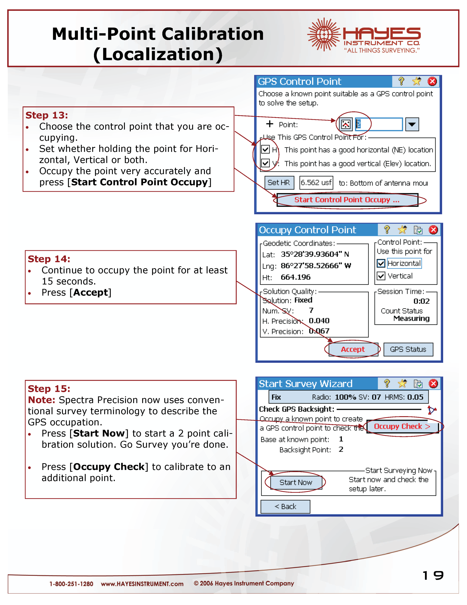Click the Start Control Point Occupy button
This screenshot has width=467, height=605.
pyautogui.click(x=347, y=200)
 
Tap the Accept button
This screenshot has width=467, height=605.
pyautogui.click(x=353, y=349)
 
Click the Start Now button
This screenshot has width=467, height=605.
pyautogui.click(x=296, y=483)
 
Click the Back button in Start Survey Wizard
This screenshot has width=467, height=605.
pyautogui.click(x=285, y=507)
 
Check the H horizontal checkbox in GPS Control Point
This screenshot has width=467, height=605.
pyautogui.click(x=265, y=150)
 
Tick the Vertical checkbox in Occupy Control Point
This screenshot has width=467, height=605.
pyautogui.click(x=381, y=276)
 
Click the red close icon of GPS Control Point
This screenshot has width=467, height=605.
pyautogui.click(x=432, y=82)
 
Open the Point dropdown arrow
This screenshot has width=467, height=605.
pyautogui.click(x=412, y=124)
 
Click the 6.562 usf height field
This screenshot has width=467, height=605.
pyautogui.click(x=316, y=182)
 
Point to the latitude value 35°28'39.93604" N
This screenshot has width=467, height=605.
pyautogui.click(x=315, y=254)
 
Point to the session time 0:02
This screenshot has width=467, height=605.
pyautogui.click(x=421, y=301)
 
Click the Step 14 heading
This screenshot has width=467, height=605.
pyautogui.click(x=49, y=259)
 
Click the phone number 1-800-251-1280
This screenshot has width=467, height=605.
pyautogui.click(x=71, y=584)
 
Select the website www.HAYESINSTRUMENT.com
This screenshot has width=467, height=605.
pyautogui.click(x=142, y=584)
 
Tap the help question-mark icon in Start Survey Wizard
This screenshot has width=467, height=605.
pyautogui.click(x=387, y=384)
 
